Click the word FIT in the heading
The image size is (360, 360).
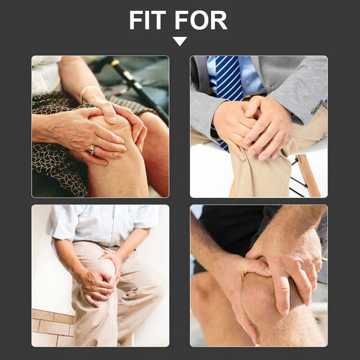pyautogui.click(x=148, y=20)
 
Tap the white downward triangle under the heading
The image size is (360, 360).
pyautogui.click(x=180, y=41)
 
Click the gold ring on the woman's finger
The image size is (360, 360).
pyautogui.click(x=92, y=149)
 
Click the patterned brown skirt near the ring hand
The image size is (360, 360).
pyautogui.click(x=54, y=166)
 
